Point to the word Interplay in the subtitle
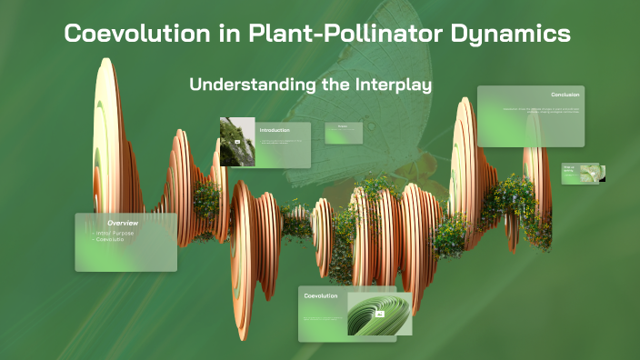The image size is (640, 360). click(x=392, y=85)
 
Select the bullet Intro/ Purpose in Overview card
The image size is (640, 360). click(x=114, y=233)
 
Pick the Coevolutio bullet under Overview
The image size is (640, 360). click(x=110, y=240)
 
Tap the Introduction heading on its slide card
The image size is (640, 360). click(x=275, y=130)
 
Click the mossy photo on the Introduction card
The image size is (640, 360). click(x=236, y=142)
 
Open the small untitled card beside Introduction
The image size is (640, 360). click(x=344, y=133)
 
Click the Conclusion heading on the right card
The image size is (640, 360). click(x=565, y=95)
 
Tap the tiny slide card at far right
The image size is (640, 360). click(x=583, y=173)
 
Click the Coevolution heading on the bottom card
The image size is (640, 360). click(x=321, y=295)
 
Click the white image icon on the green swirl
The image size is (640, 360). click(x=379, y=314)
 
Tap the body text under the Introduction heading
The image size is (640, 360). click(x=282, y=143)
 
